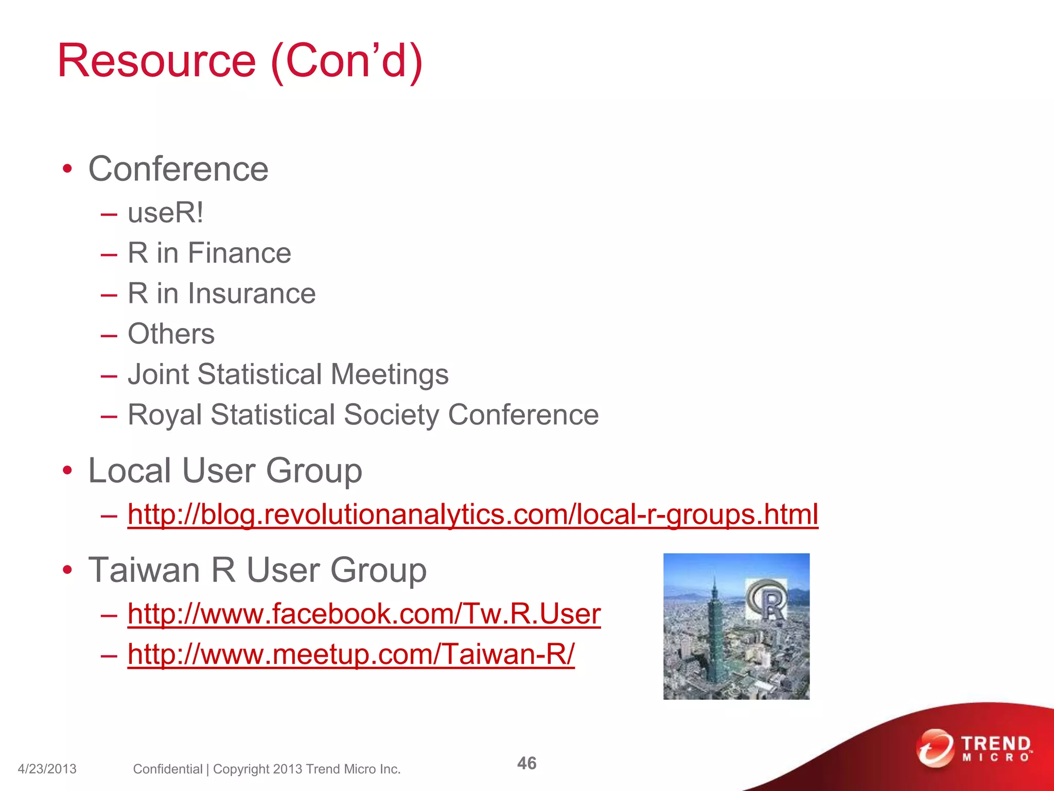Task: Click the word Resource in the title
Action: pyautogui.click(x=156, y=61)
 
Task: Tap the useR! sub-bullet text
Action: pyautogui.click(x=165, y=213)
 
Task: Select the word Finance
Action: pyautogui.click(x=239, y=253)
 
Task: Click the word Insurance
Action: pyautogui.click(x=252, y=294)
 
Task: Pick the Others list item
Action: pyautogui.click(x=171, y=334)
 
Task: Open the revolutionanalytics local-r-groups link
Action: pyautogui.click(x=472, y=514)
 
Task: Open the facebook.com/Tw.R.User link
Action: pyautogui.click(x=364, y=614)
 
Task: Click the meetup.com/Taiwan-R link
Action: pyautogui.click(x=351, y=655)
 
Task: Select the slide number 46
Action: pyautogui.click(x=526, y=763)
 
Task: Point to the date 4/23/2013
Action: pyautogui.click(x=47, y=769)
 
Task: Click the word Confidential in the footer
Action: pyautogui.click(x=168, y=769)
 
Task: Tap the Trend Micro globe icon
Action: pyautogui.click(x=935, y=748)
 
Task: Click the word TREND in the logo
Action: pyautogui.click(x=996, y=744)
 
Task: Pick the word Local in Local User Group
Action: pyautogui.click(x=130, y=471)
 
